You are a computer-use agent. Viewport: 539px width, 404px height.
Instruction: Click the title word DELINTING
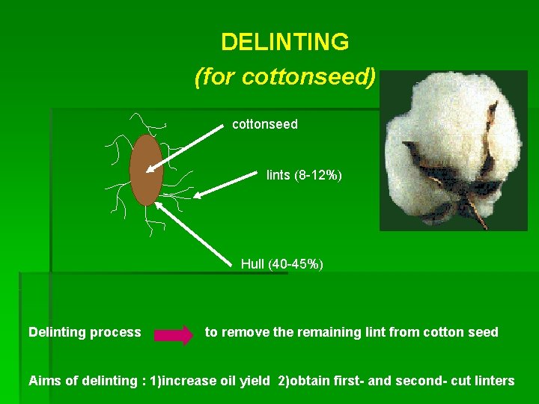click(285, 42)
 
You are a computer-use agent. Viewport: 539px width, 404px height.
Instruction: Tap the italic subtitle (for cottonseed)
click(284, 76)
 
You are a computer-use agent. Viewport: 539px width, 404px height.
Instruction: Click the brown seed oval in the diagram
click(146, 169)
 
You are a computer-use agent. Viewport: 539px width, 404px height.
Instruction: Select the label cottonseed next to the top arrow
click(264, 124)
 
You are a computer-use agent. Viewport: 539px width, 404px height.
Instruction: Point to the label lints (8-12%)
click(304, 175)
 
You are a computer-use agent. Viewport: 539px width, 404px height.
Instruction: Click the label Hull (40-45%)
click(281, 264)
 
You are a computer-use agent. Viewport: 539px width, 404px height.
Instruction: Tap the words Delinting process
click(85, 332)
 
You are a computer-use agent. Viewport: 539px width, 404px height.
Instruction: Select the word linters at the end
click(492, 381)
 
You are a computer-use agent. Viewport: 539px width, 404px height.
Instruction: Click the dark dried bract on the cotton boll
click(442, 176)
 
